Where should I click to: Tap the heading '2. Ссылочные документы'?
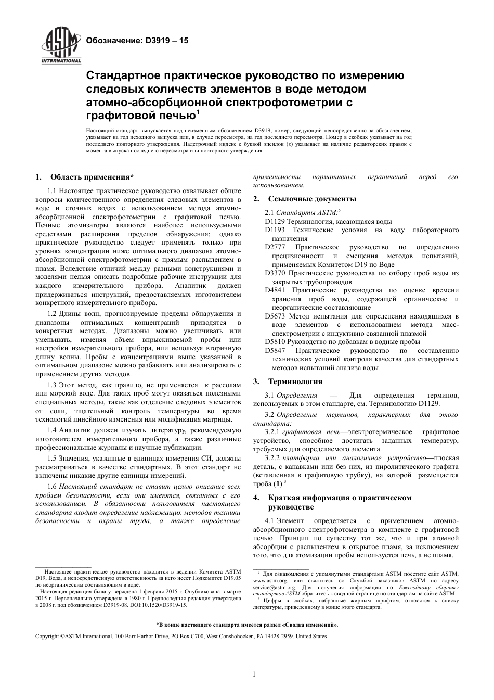point(305,199)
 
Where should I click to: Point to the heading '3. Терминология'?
point(288,381)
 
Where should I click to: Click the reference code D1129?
point(274,221)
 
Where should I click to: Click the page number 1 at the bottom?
point(254,674)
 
